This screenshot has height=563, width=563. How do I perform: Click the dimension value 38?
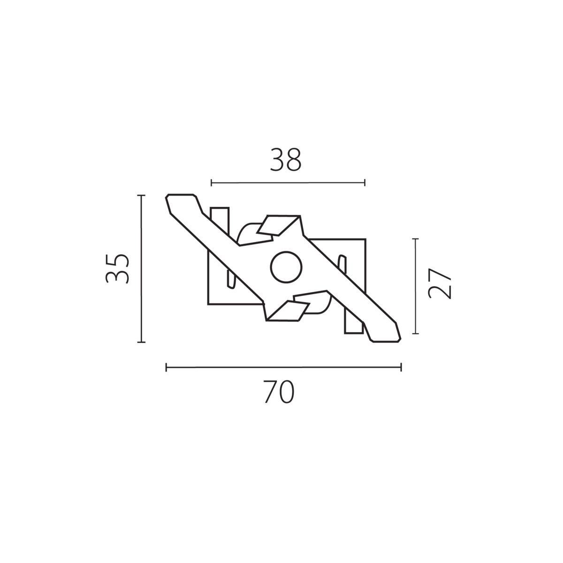click(285, 160)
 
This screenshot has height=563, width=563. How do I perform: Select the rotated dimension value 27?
click(440, 284)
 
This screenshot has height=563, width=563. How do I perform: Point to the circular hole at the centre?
click(286, 267)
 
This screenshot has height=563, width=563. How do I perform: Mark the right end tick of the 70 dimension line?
click(401, 367)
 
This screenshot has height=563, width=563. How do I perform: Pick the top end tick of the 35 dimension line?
click(141, 195)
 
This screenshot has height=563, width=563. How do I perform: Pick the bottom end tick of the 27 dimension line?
click(415, 334)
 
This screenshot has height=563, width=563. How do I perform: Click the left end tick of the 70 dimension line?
click(166, 367)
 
